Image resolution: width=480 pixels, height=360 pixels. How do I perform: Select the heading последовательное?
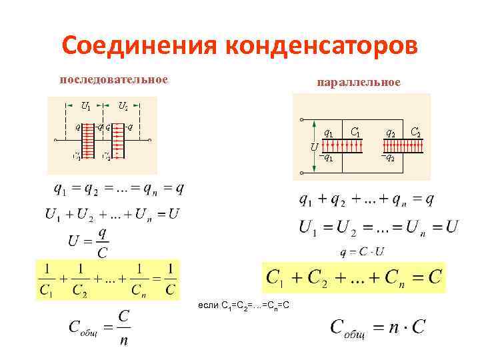tap(113, 80)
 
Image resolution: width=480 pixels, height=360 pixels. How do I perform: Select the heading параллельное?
tap(359, 82)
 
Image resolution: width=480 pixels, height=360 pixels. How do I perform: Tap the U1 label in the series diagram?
tap(86, 105)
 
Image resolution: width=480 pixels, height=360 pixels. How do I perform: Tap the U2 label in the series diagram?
tap(123, 105)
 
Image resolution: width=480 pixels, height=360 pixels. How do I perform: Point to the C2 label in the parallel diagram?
tap(415, 132)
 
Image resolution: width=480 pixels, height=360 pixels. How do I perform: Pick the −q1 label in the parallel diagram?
tap(326, 158)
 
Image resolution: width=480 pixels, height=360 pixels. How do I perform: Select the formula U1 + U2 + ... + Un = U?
tap(112, 215)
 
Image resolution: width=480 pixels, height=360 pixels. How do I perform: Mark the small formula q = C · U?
tap(362, 252)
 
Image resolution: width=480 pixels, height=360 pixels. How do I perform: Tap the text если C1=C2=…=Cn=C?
tap(243, 305)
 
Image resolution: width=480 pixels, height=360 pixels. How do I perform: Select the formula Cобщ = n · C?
tap(377, 328)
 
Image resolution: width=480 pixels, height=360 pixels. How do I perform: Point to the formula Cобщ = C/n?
tap(100, 327)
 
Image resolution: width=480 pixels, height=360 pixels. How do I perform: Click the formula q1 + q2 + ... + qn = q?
tap(367, 199)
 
